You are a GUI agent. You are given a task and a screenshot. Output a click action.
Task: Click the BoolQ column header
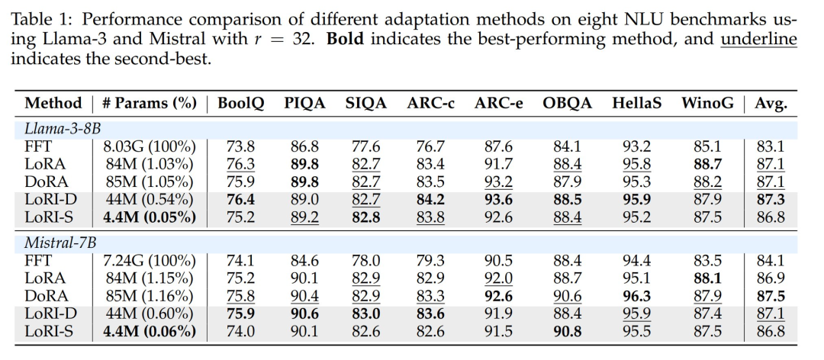click(x=241, y=103)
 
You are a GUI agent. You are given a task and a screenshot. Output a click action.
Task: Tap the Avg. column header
click(x=771, y=103)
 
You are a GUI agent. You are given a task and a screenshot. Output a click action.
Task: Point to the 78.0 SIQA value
click(x=367, y=261)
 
